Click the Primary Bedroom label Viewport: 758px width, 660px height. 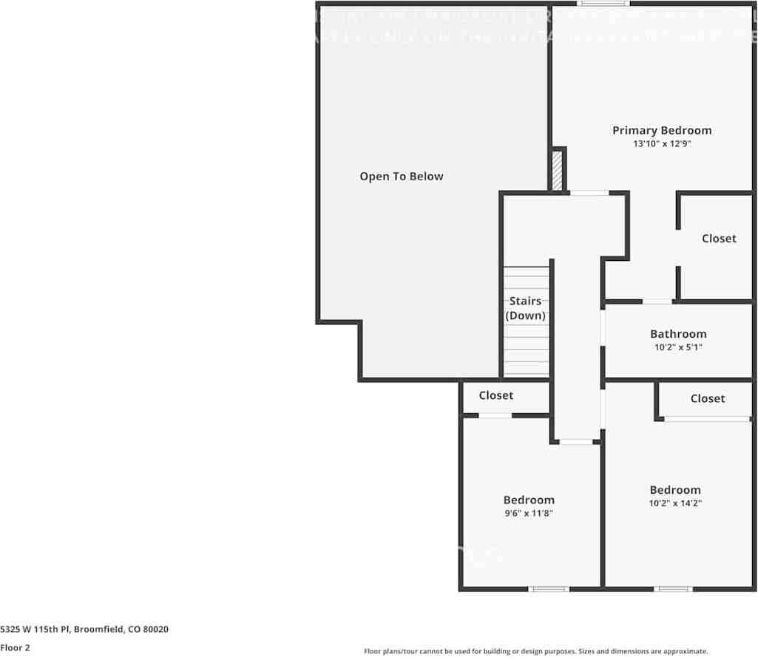(661, 131)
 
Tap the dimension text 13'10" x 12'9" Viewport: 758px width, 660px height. (661, 144)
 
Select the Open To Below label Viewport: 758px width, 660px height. (402, 177)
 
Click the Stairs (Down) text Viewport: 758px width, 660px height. (525, 308)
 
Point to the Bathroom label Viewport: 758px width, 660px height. (677, 334)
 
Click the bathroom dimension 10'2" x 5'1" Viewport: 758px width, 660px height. (677, 347)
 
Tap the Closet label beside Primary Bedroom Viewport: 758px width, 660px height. (718, 239)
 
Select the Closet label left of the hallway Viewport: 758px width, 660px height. (495, 396)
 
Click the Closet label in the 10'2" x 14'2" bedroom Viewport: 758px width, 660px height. (707, 399)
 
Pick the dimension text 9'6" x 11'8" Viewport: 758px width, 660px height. (528, 513)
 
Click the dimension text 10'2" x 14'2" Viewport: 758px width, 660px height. (674, 503)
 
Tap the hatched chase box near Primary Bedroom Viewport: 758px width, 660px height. (557, 171)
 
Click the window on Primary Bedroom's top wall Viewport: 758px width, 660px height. (603, 4)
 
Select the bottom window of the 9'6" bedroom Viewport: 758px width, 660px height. (549, 589)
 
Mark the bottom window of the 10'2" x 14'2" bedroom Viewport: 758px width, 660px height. (673, 589)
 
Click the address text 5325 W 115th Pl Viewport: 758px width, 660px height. (84, 630)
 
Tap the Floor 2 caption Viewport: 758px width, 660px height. (15, 647)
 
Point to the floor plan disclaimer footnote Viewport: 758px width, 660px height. (535, 651)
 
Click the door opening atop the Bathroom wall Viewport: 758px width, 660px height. (657, 302)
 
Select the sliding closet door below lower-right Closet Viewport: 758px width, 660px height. (706, 419)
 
